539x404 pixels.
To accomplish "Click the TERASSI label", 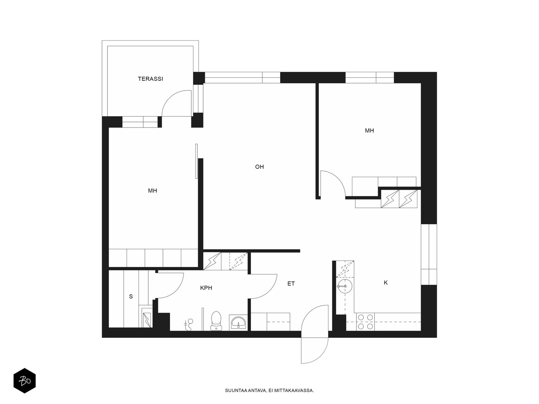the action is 150,79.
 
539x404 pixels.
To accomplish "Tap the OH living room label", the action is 259,167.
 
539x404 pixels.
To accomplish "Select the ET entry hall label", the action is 291,283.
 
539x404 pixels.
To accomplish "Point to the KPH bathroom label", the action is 206,288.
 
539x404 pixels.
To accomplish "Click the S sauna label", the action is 131,297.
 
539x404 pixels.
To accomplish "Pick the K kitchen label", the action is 385,282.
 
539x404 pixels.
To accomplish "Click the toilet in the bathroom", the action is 216,321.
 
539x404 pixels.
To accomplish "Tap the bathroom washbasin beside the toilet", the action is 238,323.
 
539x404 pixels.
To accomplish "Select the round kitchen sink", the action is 345,286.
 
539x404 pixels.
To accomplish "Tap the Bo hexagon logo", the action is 25,381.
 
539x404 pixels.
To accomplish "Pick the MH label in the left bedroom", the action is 152,191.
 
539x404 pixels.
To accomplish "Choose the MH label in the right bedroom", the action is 369,131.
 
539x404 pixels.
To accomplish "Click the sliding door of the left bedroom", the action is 196,161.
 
